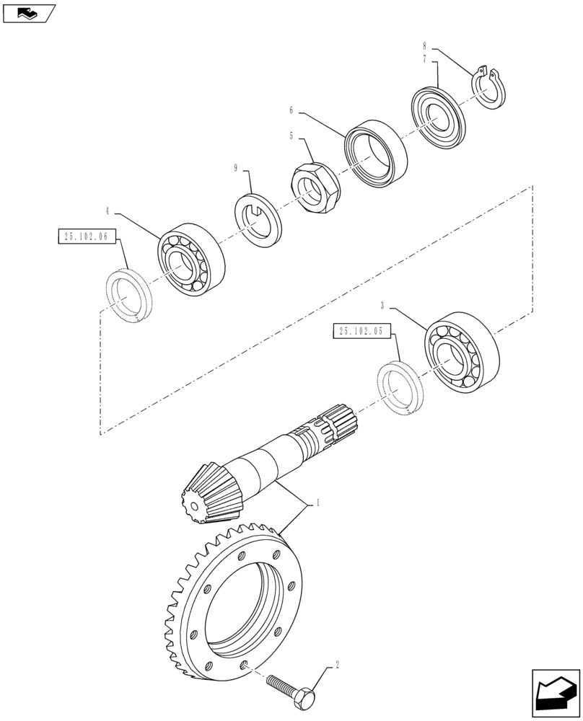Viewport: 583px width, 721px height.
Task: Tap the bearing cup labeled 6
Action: [x=374, y=153]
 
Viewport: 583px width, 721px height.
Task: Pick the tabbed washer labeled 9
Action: [x=258, y=218]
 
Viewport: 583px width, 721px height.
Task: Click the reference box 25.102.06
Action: [x=86, y=236]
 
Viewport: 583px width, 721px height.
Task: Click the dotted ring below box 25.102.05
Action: [x=401, y=389]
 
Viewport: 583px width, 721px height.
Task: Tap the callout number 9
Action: [x=236, y=168]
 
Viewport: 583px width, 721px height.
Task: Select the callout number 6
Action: [x=291, y=110]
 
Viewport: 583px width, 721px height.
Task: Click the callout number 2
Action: [x=337, y=667]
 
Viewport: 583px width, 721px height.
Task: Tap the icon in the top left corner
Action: [x=27, y=12]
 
